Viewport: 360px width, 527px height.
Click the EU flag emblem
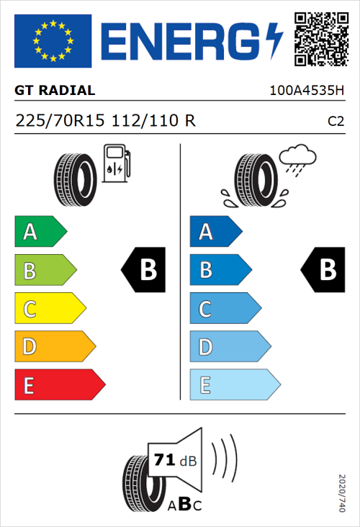53,40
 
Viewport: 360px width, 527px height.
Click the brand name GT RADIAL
55,91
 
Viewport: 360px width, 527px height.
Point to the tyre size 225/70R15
61,121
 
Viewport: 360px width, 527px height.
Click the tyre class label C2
336,122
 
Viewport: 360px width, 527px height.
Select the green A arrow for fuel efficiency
40,232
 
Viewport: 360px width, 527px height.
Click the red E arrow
58,385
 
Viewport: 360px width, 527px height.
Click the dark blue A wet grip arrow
215,232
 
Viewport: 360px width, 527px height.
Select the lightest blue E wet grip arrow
233,385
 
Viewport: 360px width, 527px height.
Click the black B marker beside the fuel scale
145,270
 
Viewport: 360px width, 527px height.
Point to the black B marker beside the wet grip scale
325,270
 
